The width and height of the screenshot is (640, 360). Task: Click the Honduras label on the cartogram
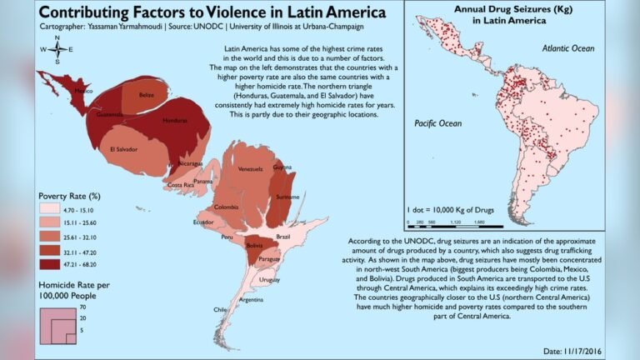[175, 120]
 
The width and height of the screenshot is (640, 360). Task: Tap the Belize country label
[147, 95]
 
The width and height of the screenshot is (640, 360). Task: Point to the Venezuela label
[250, 169]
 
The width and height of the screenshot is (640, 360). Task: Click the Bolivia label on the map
[253, 246]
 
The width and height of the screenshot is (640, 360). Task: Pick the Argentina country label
[252, 299]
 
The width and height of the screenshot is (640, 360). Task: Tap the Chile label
[220, 309]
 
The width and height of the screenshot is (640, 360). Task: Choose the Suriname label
[287, 197]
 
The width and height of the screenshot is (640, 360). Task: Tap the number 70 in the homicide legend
[83, 308]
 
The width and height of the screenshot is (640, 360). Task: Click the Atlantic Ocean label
[568, 49]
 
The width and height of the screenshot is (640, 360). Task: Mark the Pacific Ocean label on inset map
[437, 123]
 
